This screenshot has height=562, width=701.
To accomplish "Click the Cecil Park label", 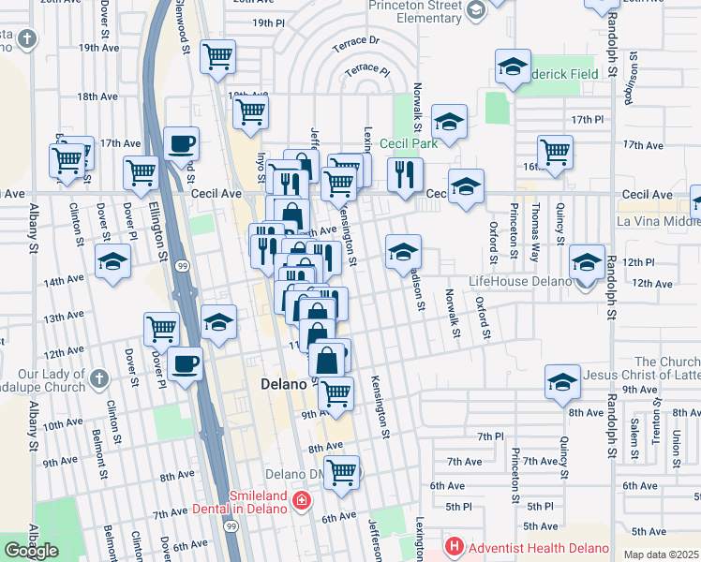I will [x=409, y=143].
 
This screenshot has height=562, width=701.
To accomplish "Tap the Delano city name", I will [x=283, y=385].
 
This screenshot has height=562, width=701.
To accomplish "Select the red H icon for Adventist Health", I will [x=455, y=545].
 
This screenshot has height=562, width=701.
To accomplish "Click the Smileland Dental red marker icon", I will [x=302, y=500].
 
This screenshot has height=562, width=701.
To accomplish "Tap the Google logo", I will [x=31, y=550].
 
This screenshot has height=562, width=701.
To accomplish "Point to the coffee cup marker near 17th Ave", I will [x=182, y=144].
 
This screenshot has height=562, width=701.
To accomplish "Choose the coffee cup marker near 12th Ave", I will [x=186, y=363].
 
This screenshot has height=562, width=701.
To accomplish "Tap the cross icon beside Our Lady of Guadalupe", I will [x=101, y=377].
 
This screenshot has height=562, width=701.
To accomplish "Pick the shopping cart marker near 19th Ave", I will [x=217, y=56].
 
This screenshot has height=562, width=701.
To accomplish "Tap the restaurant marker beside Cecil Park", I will [x=405, y=173].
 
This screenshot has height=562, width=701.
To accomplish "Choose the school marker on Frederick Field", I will [x=512, y=67].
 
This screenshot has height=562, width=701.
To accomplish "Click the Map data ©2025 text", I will [x=661, y=555].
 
